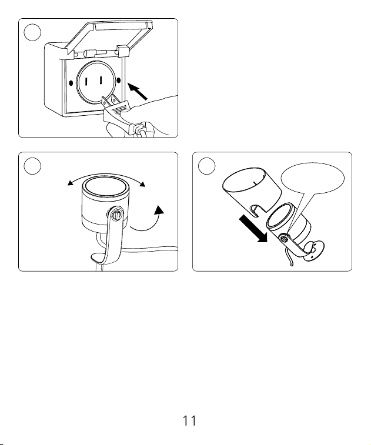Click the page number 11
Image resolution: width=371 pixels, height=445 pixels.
coord(189,420)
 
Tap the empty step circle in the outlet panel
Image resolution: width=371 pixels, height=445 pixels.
coord(32,32)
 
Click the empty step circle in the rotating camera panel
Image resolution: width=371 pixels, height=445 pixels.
coord(32,166)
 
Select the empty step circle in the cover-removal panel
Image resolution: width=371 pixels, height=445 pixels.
coord(206,166)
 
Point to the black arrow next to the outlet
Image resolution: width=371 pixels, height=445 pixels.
coord(138,91)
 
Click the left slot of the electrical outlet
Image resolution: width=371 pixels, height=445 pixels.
coord(86,82)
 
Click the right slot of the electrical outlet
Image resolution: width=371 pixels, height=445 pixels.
coord(101,81)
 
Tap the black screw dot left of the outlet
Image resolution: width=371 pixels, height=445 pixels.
coord(71,83)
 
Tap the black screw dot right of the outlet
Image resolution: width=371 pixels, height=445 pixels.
coord(119,81)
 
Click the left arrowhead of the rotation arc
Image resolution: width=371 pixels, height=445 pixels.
coord(70,183)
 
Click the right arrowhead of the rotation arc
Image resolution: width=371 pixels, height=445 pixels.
coord(142,184)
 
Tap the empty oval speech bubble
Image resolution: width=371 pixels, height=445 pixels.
coord(313,178)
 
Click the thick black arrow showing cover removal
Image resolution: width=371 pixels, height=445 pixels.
coord(253,229)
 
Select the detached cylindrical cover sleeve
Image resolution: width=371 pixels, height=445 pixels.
coord(252,190)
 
